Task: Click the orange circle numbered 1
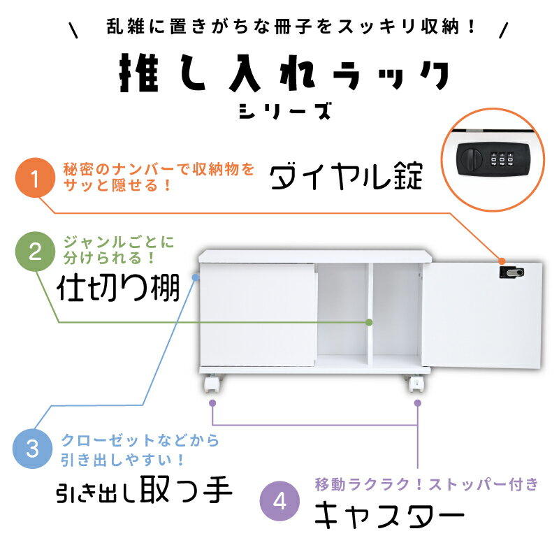(36, 177)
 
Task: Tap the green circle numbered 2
(36, 252)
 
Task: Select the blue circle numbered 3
(32, 448)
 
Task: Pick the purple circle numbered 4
(279, 501)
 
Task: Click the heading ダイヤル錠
(346, 176)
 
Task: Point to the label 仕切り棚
(118, 288)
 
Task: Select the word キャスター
(389, 515)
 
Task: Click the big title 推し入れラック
(284, 73)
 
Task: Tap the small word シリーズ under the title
(285, 111)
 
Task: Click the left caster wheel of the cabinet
(212, 383)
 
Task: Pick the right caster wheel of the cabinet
(416, 383)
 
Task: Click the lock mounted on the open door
(511, 273)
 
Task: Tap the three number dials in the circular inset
(502, 159)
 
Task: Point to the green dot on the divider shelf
(370, 322)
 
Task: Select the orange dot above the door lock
(502, 261)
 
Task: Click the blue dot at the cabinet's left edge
(196, 277)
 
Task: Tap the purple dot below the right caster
(417, 403)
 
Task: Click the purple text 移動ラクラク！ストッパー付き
(426, 484)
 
